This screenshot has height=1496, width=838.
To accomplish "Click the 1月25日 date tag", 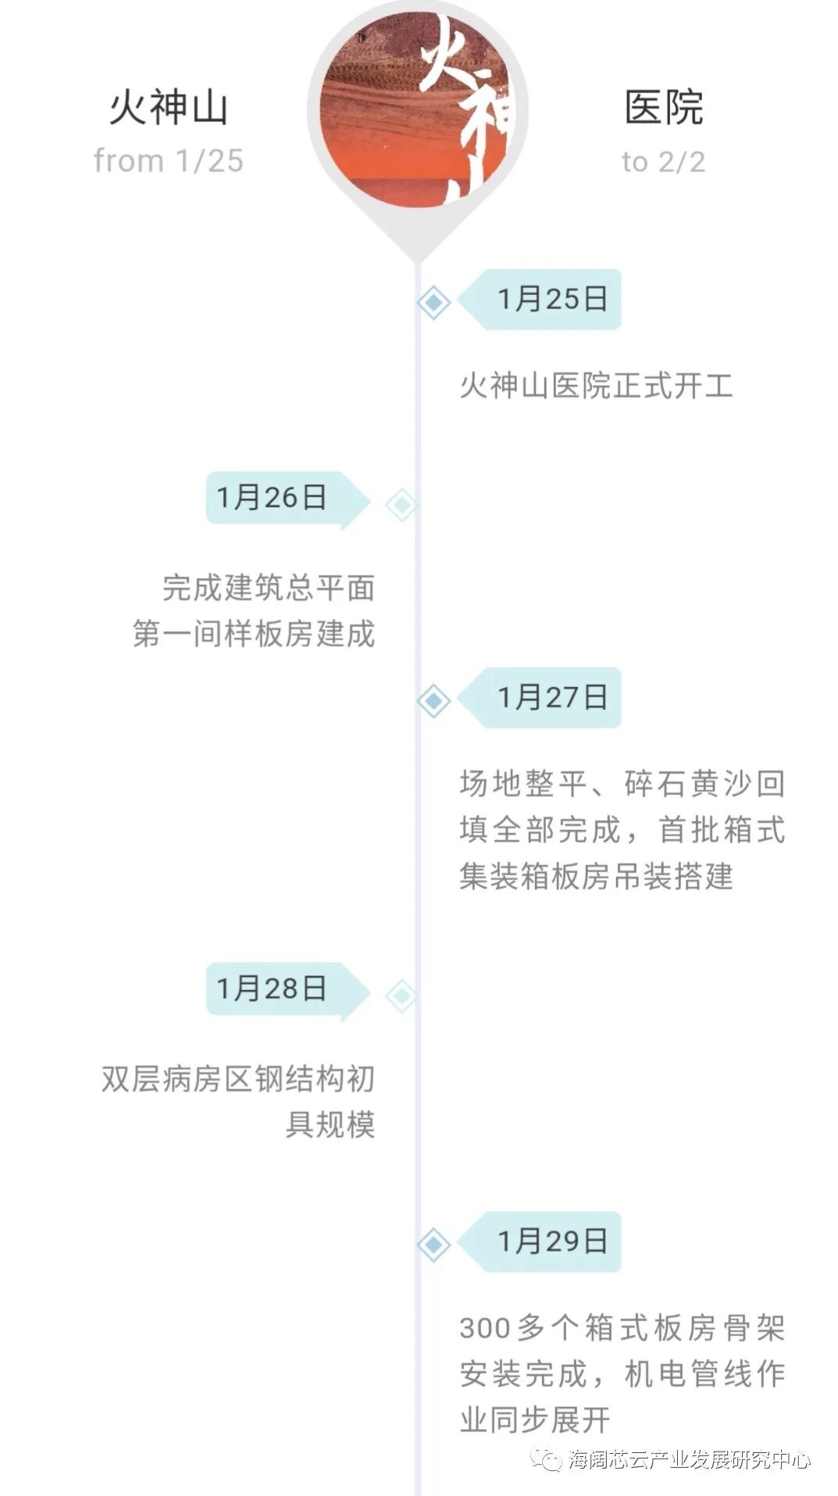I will pyautogui.click(x=551, y=299).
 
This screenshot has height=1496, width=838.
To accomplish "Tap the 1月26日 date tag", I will pyautogui.click(x=273, y=497).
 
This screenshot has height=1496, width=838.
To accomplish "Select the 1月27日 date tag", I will pyautogui.click(x=551, y=697).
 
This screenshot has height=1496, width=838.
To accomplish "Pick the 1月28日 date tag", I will pyautogui.click(x=273, y=988).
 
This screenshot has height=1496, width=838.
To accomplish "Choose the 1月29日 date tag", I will pyautogui.click(x=551, y=1241).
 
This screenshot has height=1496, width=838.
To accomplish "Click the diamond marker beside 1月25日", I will pyautogui.click(x=433, y=302).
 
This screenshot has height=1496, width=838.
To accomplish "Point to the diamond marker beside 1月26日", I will pyautogui.click(x=401, y=504).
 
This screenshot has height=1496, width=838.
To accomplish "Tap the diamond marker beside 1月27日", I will pyautogui.click(x=433, y=700).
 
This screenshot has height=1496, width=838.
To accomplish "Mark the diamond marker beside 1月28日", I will pyautogui.click(x=401, y=996).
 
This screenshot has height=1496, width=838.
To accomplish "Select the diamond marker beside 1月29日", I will pyautogui.click(x=433, y=1244).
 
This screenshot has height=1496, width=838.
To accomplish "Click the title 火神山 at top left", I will pyautogui.click(x=168, y=108).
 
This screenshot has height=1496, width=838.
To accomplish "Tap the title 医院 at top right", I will pyautogui.click(x=664, y=108).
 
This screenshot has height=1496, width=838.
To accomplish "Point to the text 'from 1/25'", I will pyautogui.click(x=168, y=161).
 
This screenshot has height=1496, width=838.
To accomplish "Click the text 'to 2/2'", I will pyautogui.click(x=664, y=162).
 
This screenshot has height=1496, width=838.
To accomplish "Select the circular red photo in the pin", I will pyautogui.click(x=418, y=109).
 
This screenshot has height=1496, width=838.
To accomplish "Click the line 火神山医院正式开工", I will pyautogui.click(x=596, y=386).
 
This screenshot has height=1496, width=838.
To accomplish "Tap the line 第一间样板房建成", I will pyautogui.click(x=254, y=633).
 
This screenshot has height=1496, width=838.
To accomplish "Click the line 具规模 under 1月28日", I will pyautogui.click(x=330, y=1124).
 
